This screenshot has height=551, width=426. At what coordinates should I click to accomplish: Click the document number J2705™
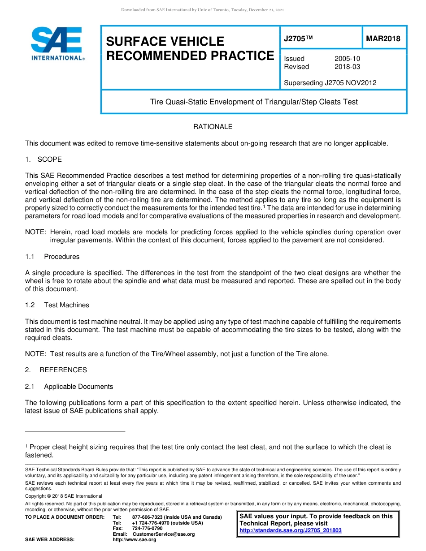298,39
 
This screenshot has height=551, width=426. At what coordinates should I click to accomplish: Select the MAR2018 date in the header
383,39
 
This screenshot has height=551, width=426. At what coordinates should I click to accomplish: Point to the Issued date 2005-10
347,59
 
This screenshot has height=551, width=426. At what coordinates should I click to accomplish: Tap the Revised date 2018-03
347,67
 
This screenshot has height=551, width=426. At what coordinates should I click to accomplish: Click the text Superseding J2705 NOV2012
330,83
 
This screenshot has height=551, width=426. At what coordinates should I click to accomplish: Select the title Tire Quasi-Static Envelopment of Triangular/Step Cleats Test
254,102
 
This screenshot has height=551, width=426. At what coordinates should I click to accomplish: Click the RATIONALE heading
213,127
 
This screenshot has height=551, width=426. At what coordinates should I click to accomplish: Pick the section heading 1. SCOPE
43,159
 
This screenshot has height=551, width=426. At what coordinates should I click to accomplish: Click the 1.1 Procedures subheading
52,257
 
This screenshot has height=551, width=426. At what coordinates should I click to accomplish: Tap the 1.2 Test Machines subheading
57,305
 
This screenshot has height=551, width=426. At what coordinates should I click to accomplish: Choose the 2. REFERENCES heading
56,370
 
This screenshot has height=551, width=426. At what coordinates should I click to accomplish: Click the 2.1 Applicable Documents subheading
69,387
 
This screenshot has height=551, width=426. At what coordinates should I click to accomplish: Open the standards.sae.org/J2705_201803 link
291,530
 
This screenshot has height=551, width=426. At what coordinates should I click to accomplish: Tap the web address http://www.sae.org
135,539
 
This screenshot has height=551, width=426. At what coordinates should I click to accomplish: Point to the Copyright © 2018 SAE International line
64,496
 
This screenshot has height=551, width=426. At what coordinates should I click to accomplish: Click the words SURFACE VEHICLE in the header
165,42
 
